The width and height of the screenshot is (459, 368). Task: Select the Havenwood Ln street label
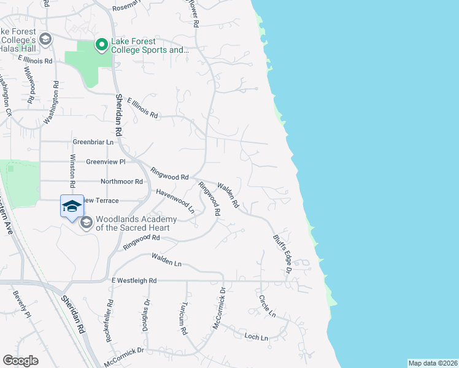tap(175, 201)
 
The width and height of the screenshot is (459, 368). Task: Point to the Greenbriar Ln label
tap(93, 142)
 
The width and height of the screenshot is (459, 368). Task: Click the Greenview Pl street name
tap(106, 162)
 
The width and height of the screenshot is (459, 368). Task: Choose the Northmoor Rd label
tap(121, 182)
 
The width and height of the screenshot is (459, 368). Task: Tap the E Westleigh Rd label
tap(134, 280)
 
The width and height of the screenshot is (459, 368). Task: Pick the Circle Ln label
tap(267, 307)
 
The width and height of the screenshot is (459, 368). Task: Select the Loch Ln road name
tap(256, 337)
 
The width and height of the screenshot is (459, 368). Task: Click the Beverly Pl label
tap(21, 304)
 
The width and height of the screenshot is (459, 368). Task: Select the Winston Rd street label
tap(72, 171)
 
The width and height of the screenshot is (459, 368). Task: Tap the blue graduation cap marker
tap(72, 205)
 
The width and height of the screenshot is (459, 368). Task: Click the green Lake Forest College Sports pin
tap(101, 44)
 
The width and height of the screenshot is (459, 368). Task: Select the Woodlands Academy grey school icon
tap(86, 222)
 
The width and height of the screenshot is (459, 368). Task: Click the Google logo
tap(20, 361)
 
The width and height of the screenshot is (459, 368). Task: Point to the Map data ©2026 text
tap(433, 363)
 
